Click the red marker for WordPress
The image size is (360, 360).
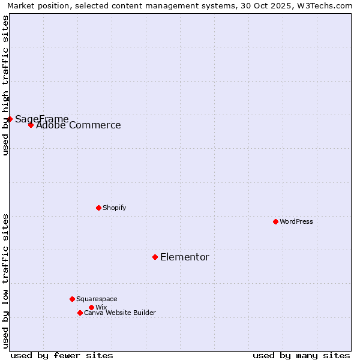tap(275, 221)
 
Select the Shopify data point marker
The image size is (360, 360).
tap(98, 208)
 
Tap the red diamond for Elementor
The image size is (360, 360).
tap(155, 257)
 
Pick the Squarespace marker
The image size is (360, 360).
tap(72, 299)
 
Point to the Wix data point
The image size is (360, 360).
tap(91, 307)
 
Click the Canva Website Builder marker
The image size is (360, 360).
tap(80, 313)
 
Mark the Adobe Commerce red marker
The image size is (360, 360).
tap(31, 125)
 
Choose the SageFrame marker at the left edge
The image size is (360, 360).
tap(10, 119)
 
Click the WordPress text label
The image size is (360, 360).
tap(296, 221)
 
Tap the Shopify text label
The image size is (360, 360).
tap(114, 208)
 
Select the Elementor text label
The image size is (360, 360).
tap(185, 257)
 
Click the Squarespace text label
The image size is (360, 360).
tap(97, 299)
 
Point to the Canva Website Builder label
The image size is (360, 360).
tap(120, 313)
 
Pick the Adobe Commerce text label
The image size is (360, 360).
tap(79, 125)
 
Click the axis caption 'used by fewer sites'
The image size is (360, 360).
tap(62, 355)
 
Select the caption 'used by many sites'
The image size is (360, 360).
tap(301, 355)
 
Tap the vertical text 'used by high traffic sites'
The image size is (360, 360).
tap(5, 85)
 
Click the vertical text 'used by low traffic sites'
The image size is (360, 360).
tap(5, 280)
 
